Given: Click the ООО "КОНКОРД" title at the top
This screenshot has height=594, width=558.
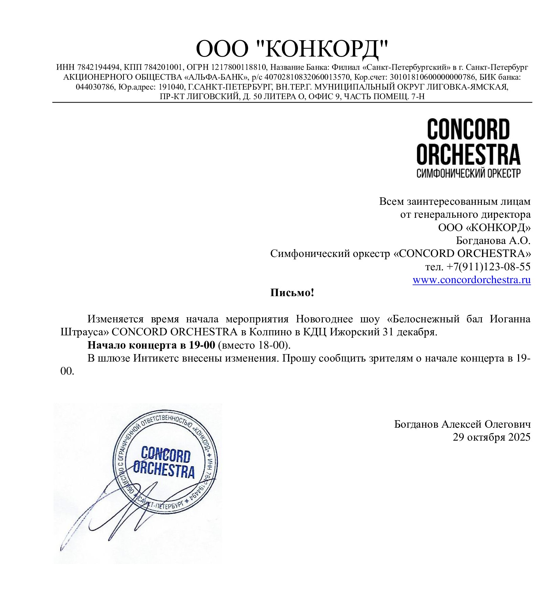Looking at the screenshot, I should pos(292,49).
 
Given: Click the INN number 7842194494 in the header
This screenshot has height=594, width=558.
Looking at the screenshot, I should pos(99,67).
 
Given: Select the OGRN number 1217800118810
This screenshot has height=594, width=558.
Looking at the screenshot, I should pos(238,67).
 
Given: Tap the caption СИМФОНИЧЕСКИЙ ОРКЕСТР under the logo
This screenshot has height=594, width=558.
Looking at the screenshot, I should pos(468,173).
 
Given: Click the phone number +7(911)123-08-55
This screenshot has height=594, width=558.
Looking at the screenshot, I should pos(488,266).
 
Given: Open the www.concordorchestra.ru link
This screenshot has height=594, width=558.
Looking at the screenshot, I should pos(471,280).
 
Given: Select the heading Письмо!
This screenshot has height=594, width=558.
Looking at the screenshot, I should pos(292,293).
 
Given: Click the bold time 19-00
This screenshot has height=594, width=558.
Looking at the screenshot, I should pos(202,345).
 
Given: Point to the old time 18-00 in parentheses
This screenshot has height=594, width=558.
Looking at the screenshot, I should pos(271,345).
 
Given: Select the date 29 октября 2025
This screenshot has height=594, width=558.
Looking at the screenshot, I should pos(491,437).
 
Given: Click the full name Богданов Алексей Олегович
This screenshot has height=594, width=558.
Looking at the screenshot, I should pos(462,424).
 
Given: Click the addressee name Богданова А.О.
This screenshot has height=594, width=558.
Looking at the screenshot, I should pos(493,241).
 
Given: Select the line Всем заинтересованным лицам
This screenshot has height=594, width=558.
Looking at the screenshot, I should pos(455,201).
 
